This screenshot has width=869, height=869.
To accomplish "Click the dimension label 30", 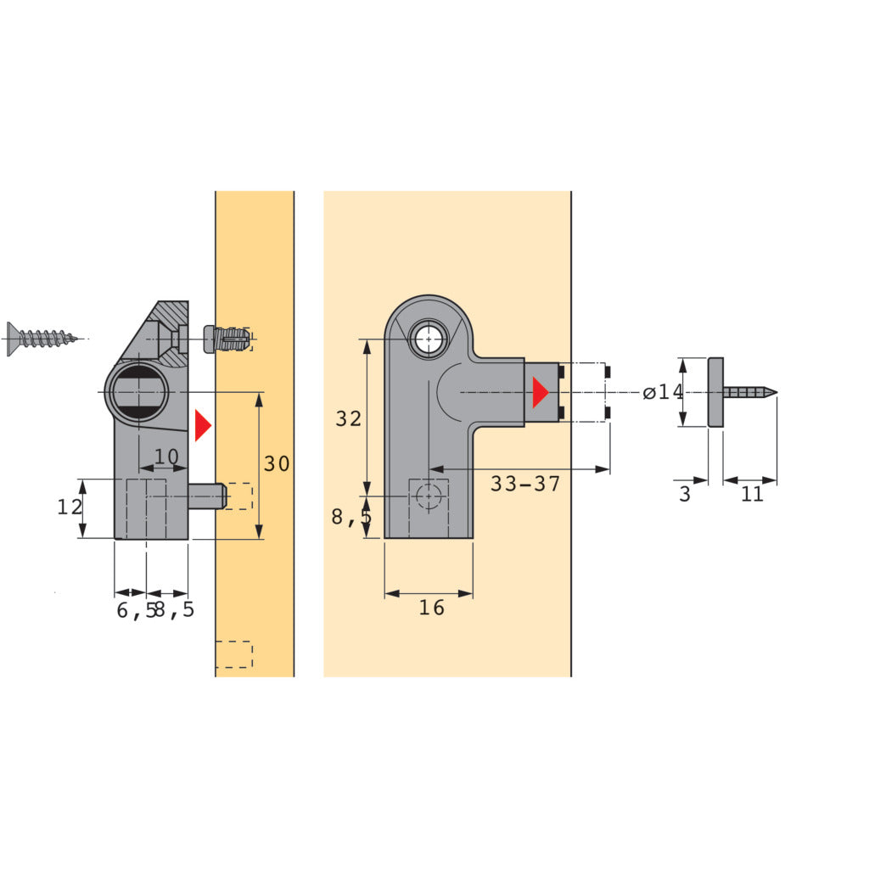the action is (277, 463).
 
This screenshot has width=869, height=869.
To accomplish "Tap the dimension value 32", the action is (349, 418).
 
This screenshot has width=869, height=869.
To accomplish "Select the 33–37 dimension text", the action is (525, 484).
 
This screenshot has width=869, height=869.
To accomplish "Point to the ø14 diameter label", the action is (664, 392).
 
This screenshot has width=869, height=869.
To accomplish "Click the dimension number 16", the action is (432, 608).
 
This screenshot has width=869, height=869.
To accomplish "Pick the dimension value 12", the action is (70, 507).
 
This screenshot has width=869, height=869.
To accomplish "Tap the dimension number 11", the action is (752, 494).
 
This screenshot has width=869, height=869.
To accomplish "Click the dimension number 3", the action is (685, 494).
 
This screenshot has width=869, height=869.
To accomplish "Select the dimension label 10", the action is (166, 456).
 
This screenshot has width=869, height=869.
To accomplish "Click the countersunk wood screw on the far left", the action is (42, 338).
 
